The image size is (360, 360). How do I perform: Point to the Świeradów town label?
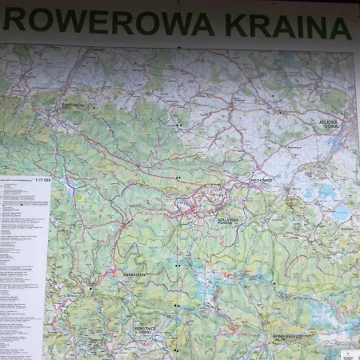point(73,104)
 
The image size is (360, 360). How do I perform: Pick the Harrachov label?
point(134,273)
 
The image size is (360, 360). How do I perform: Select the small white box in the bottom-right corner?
point(350,353)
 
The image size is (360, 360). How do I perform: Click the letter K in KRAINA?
point(237,24)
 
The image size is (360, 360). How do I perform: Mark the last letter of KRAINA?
point(339,27)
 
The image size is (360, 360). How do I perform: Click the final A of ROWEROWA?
point(202,23)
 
